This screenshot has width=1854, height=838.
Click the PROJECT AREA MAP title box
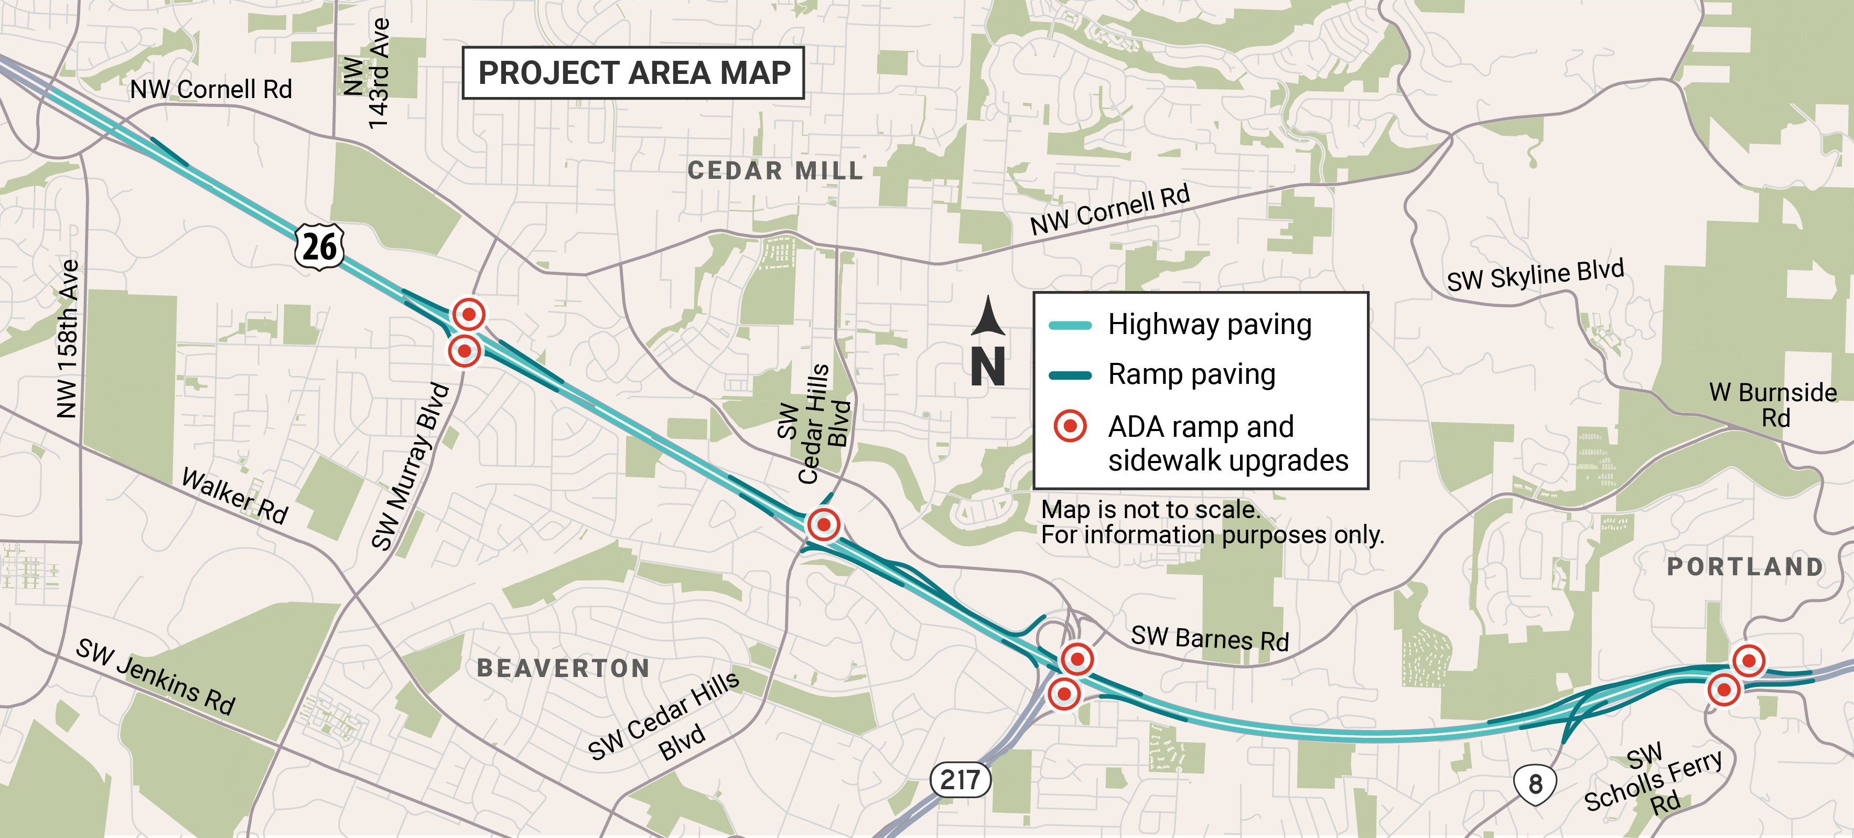click(x=633, y=73)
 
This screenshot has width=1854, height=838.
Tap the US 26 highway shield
click(x=319, y=247)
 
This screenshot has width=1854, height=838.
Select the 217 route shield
click(x=960, y=780)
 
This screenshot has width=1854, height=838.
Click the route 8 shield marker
click(x=1535, y=784)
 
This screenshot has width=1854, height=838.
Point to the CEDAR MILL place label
click(x=775, y=170)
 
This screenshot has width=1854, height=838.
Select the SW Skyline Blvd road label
click(x=1535, y=275)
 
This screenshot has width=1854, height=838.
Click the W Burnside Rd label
click(x=1773, y=405)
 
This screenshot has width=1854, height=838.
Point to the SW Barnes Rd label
click(x=1209, y=639)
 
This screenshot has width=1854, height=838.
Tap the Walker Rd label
click(x=234, y=496)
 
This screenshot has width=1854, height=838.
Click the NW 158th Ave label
click(x=68, y=338)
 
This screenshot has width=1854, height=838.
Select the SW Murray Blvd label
click(x=410, y=467)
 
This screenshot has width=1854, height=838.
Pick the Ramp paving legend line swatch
click(x=1070, y=375)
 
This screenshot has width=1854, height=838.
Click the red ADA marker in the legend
click(x=1070, y=426)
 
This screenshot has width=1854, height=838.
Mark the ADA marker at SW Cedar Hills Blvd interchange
click(x=823, y=524)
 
